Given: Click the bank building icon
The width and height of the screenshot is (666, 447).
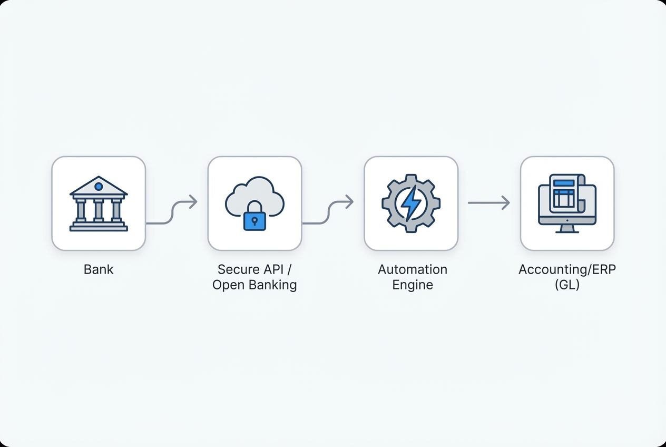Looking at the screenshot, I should pyautogui.click(x=99, y=204).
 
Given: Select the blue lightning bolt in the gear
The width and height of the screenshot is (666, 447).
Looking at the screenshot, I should pyautogui.click(x=411, y=203).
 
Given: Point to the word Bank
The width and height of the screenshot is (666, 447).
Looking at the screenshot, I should pyautogui.click(x=99, y=269).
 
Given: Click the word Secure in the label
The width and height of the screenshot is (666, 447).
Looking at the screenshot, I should pyautogui.click(x=239, y=269).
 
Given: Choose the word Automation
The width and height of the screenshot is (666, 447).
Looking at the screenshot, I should pyautogui.click(x=413, y=269).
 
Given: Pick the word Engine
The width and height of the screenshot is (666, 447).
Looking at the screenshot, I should pyautogui.click(x=413, y=285).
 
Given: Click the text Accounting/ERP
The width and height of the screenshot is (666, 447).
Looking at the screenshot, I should pyautogui.click(x=567, y=269).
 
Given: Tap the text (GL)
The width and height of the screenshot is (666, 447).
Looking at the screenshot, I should pyautogui.click(x=567, y=285).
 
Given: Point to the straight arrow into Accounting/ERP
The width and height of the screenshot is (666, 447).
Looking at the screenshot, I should pyautogui.click(x=488, y=202).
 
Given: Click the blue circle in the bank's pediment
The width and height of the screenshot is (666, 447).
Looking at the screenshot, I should pyautogui.click(x=99, y=187).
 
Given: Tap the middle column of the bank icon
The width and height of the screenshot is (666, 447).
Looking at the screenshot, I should pyautogui.click(x=99, y=210).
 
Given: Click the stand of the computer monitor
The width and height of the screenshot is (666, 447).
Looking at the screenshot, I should pyautogui.click(x=567, y=229).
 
